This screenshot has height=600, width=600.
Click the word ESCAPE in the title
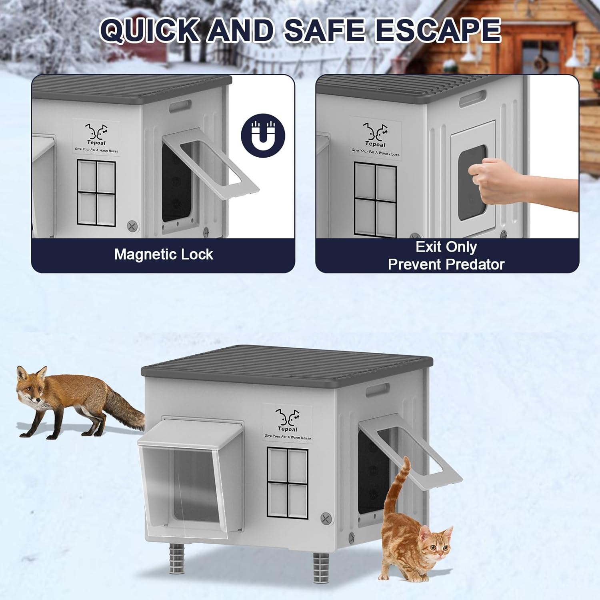pyautogui.click(x=438, y=30)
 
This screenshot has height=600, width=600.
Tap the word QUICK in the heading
pyautogui.click(x=149, y=30)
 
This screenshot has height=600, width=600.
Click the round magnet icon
pyautogui.click(x=263, y=135)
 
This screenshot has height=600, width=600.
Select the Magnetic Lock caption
pyautogui.click(x=164, y=254)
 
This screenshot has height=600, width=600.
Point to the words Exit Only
pyautogui.click(x=446, y=247)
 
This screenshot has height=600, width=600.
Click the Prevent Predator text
pyautogui.click(x=446, y=264)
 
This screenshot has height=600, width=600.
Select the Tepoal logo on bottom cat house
pyautogui.click(x=287, y=422)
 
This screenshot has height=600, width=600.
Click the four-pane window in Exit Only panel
pyautogui.click(x=375, y=199)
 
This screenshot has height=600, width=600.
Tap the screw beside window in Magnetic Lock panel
pyautogui.click(x=133, y=226)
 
